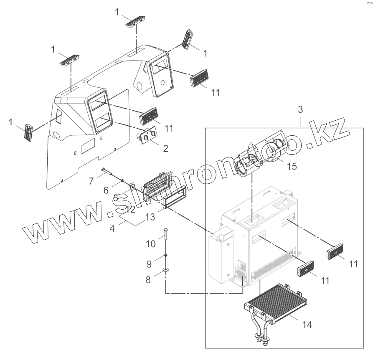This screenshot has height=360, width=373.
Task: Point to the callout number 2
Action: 165,148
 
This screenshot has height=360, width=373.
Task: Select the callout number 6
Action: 106,190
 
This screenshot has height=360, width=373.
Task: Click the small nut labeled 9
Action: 166,255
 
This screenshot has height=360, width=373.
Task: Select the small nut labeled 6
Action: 122,180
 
